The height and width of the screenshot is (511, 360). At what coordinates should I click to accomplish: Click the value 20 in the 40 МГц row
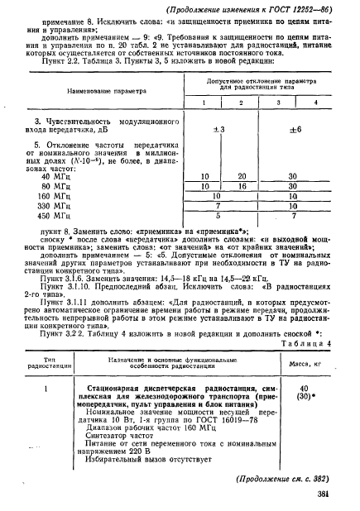(x=242, y=178)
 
